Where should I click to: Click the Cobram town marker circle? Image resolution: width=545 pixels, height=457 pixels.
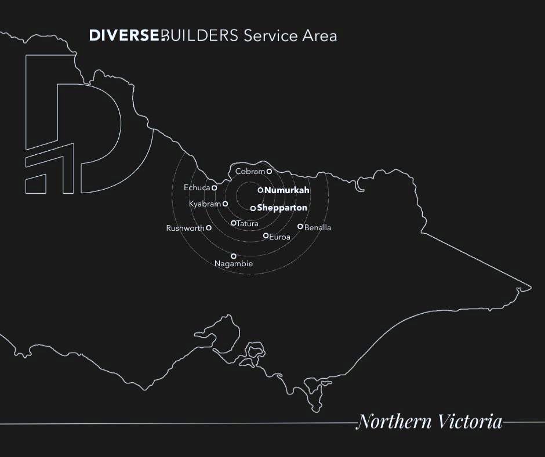tap(269, 172)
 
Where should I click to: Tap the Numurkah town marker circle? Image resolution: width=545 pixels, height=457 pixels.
tap(260, 190)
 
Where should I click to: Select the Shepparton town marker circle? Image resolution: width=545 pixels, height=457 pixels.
tap(253, 208)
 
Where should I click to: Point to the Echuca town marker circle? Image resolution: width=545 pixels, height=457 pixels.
tap(214, 188)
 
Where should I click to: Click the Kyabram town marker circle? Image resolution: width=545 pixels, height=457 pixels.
tap(225, 204)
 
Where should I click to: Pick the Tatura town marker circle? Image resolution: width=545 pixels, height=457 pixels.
tap(234, 223)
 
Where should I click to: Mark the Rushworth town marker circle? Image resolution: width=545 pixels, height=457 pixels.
tap(209, 228)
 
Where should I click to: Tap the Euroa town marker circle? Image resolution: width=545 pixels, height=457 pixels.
tap(266, 235)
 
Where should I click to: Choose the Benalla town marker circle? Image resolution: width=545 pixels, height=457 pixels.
tap(300, 227)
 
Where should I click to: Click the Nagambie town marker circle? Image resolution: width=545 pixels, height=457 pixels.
tap(234, 256)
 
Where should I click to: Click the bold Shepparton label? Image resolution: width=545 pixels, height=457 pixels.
tap(282, 208)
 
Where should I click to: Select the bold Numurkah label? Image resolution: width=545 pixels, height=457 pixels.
tap(287, 190)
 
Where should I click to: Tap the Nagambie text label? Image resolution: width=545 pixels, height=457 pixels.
tap(234, 264)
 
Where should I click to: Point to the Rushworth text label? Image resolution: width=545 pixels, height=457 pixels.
tap(185, 228)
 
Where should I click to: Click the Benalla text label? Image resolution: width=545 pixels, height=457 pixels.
tap(318, 228)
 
